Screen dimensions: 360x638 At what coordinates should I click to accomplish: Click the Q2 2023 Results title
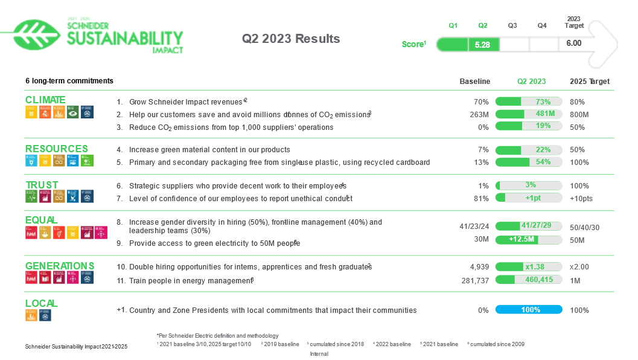(291, 39)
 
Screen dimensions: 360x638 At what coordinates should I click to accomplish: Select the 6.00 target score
(573, 43)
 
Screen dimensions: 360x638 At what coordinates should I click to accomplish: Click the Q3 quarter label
(512, 25)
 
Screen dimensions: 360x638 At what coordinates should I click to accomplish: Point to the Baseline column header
(474, 82)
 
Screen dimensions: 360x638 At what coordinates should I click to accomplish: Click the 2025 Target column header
(589, 82)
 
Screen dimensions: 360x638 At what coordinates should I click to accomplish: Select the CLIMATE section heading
(45, 100)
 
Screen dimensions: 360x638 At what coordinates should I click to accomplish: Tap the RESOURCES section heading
(56, 149)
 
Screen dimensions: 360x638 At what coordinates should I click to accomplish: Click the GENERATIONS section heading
(60, 266)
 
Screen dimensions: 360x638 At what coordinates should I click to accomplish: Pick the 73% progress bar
(529, 101)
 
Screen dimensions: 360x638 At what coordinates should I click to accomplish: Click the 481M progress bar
(529, 114)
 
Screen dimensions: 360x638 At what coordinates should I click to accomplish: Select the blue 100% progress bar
(529, 310)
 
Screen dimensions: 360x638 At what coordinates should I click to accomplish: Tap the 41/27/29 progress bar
(529, 226)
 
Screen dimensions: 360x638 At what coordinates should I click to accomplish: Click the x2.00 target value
(579, 267)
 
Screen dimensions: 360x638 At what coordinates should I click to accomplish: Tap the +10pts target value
(581, 199)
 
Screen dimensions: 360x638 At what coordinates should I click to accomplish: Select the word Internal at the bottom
(319, 354)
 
